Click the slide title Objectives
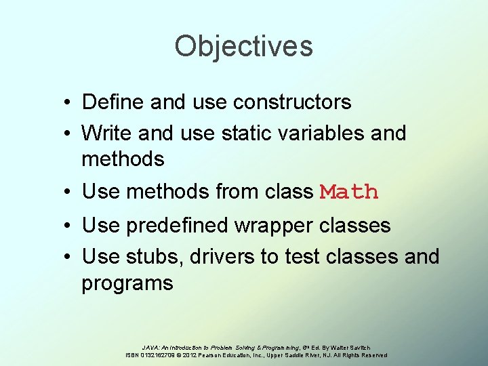(243, 47)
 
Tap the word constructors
(292, 102)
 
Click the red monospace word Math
(349, 192)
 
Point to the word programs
(127, 283)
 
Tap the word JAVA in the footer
(152, 347)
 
